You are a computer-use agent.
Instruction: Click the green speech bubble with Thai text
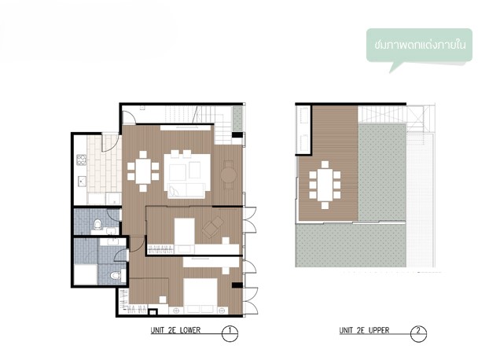click(419, 46)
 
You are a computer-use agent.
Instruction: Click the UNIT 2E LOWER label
click(175, 330)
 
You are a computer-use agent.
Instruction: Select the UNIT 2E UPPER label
click(364, 330)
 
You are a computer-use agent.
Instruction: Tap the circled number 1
click(230, 333)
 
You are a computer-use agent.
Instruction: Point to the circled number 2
click(418, 333)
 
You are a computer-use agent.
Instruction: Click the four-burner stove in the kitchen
click(81, 160)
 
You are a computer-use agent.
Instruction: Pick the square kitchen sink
click(82, 182)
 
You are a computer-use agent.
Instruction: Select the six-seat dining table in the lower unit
click(143, 171)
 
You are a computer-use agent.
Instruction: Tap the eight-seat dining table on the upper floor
click(325, 185)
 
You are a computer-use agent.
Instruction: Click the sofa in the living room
click(187, 191)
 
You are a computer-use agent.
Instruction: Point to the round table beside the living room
click(229, 175)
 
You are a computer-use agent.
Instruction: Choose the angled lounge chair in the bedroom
click(213, 227)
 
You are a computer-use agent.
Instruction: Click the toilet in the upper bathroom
click(98, 224)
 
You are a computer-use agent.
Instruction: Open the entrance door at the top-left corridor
click(129, 117)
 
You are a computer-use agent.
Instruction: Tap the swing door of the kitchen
click(111, 143)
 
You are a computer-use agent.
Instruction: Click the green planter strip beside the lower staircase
click(237, 119)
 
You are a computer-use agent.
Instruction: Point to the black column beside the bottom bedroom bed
click(237, 285)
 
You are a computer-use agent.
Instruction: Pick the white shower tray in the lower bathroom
click(86, 274)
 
